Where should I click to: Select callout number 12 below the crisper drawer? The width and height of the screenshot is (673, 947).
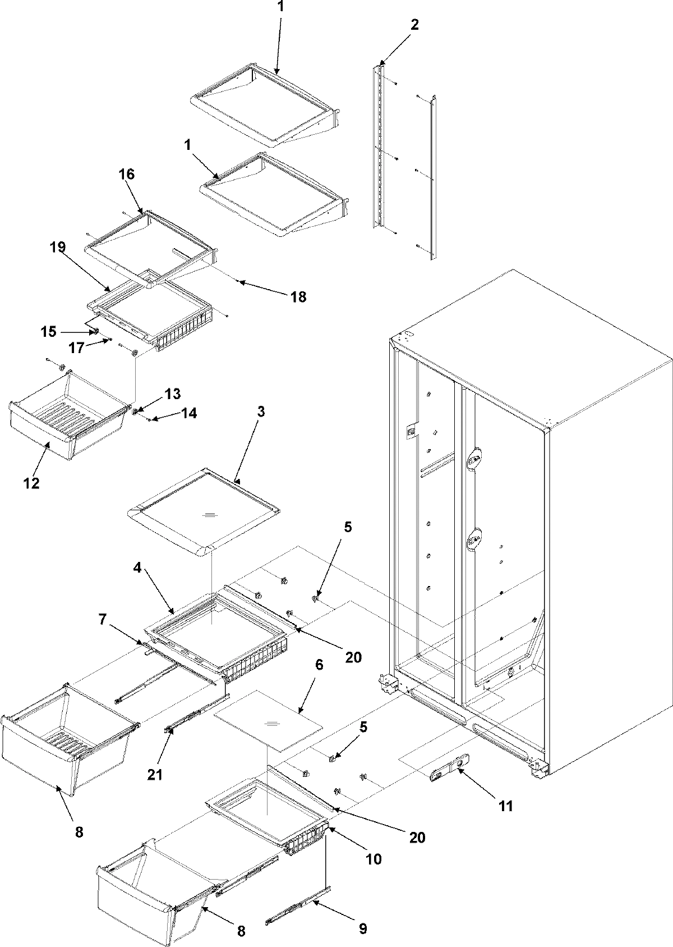31,483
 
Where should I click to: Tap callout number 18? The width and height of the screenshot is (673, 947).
298,297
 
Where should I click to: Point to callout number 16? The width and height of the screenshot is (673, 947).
127,174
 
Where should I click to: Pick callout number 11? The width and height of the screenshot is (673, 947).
506,807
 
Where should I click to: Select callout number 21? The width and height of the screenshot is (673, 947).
155,775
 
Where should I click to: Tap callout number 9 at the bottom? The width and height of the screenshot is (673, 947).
362,929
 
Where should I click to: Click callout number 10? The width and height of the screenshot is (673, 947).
374,859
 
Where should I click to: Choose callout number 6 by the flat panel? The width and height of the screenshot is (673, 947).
319,665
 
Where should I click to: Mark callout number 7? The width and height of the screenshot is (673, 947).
102,620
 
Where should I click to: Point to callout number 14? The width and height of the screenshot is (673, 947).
189,414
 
